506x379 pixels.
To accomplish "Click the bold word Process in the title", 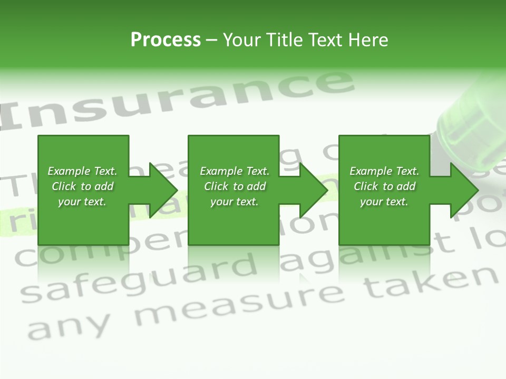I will click(x=166, y=40).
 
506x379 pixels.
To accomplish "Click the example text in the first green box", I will click(x=82, y=186).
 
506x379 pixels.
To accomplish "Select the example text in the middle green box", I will click(x=235, y=186).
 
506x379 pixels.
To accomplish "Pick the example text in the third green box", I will click(x=384, y=186).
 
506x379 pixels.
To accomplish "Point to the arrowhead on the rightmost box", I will click(x=462, y=190).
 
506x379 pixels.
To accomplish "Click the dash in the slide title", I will click(x=211, y=40).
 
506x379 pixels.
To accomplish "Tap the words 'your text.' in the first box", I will click(x=82, y=202).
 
